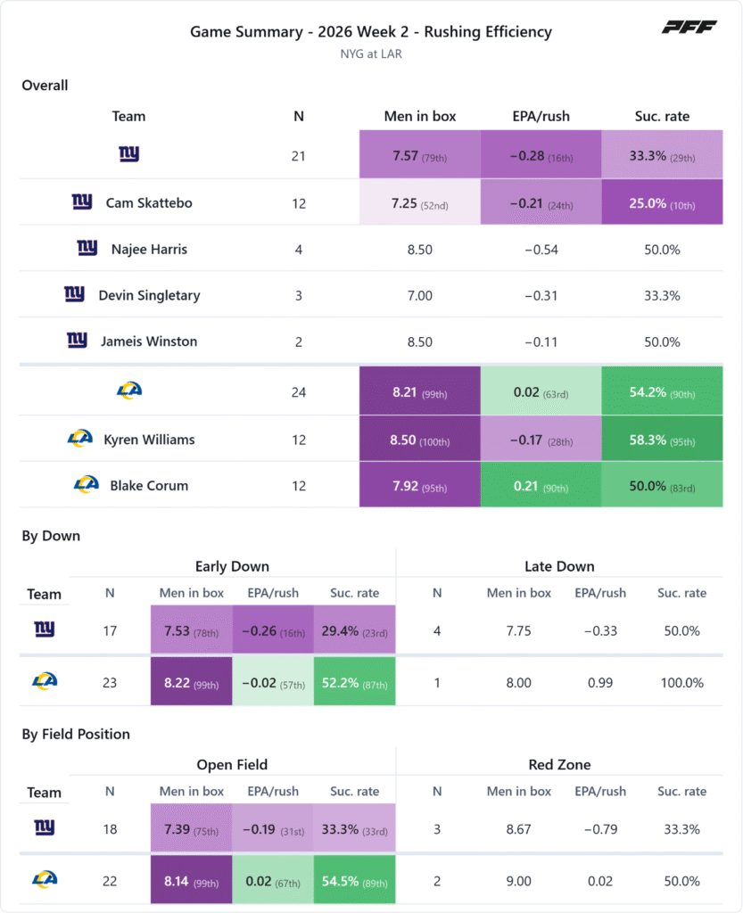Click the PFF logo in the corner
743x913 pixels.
689,27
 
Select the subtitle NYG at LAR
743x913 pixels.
371,54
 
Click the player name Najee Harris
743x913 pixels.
149,250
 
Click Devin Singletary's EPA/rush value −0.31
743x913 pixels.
541,296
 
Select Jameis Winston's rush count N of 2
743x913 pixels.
299,341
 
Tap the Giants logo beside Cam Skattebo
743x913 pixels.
82,202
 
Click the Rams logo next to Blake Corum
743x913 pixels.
87,484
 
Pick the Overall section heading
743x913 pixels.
45,86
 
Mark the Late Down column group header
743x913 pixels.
559,566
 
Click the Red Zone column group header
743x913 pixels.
559,764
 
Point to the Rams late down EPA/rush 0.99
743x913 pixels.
599,682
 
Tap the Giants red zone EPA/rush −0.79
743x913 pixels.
599,829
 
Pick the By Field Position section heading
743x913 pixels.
76,735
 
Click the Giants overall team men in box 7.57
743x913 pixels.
420,154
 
